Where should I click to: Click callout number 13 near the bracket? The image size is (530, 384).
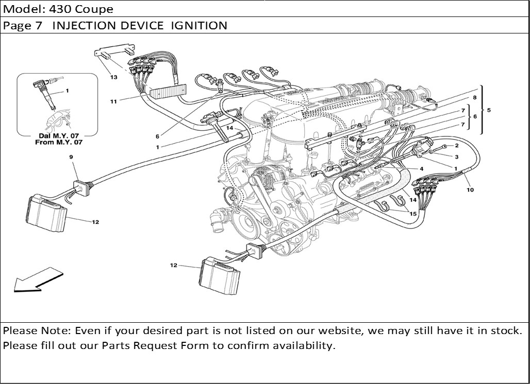pos(113,77)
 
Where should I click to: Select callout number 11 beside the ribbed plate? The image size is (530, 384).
pos(113,101)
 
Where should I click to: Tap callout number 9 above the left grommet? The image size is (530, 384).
pos(71,156)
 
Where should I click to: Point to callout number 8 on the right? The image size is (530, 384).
pos(474,97)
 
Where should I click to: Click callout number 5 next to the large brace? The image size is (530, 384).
pos(489,110)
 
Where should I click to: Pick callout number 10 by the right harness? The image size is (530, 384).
pos(470,189)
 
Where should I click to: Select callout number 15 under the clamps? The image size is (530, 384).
pos(413,214)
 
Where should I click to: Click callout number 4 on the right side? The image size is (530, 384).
pos(421,169)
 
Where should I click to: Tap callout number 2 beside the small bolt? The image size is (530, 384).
pos(456,146)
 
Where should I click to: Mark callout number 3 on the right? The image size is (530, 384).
pos(456,156)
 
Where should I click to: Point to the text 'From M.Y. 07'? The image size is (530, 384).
pos(58,142)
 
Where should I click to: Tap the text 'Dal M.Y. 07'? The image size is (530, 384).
pos(58,135)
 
